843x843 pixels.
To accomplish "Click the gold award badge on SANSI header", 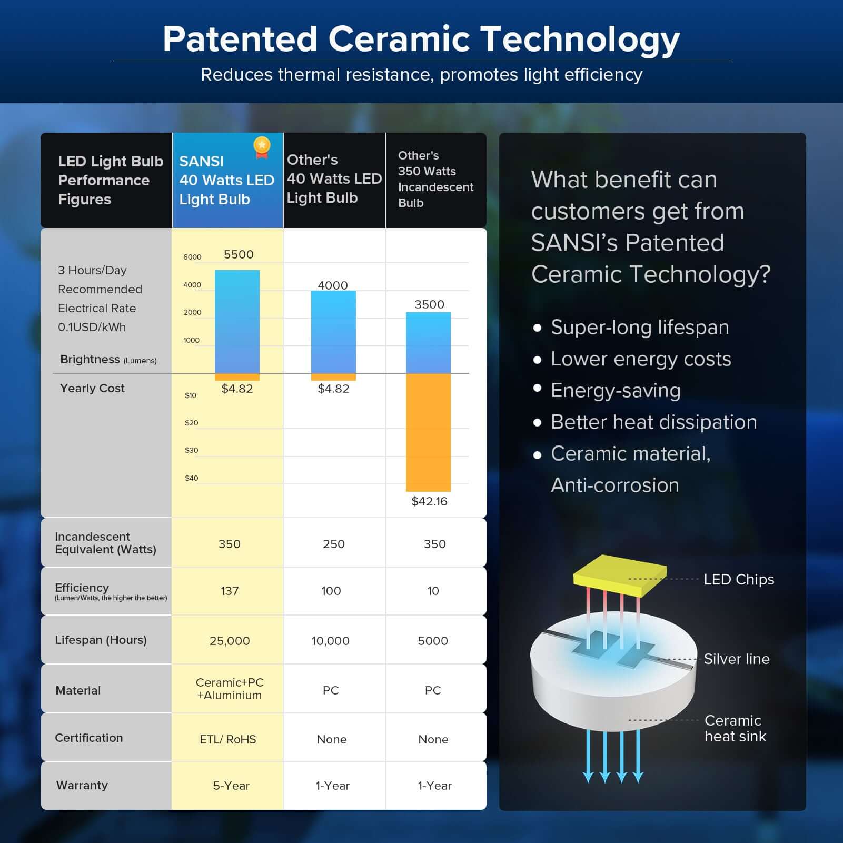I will click(x=262, y=147).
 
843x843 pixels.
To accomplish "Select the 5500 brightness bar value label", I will click(x=239, y=254).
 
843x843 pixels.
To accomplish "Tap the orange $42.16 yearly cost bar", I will click(x=428, y=432).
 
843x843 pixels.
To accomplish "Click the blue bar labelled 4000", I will click(x=333, y=332).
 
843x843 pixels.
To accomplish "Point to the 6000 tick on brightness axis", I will click(x=192, y=257).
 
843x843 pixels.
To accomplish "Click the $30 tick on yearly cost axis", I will click(x=191, y=450).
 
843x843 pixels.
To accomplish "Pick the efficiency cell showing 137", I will click(x=230, y=591).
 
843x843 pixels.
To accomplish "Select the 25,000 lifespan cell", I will click(x=230, y=641).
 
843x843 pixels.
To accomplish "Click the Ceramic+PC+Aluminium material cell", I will click(x=230, y=689).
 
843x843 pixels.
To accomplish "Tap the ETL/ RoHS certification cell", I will click(x=228, y=739).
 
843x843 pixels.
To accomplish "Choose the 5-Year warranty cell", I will click(x=231, y=786).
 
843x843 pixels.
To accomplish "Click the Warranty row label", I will click(x=82, y=785).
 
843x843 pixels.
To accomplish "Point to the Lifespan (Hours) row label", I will click(x=101, y=640).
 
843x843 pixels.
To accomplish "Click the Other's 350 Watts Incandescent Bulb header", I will click(x=435, y=179).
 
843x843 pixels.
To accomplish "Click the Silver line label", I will click(x=736, y=659).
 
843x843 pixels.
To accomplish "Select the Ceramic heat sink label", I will click(x=735, y=728).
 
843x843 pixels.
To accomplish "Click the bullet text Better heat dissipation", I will click(x=653, y=422).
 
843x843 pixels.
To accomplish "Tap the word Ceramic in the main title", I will click(x=399, y=39).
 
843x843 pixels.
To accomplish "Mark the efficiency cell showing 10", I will click(x=433, y=591).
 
